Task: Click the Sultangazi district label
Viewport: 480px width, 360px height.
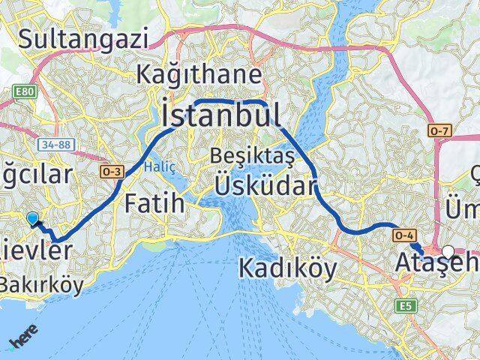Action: [84, 39]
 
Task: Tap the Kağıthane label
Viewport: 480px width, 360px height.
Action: [200, 75]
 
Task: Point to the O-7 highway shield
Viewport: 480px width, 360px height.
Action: [439, 132]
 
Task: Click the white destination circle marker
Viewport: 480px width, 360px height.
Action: [448, 251]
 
